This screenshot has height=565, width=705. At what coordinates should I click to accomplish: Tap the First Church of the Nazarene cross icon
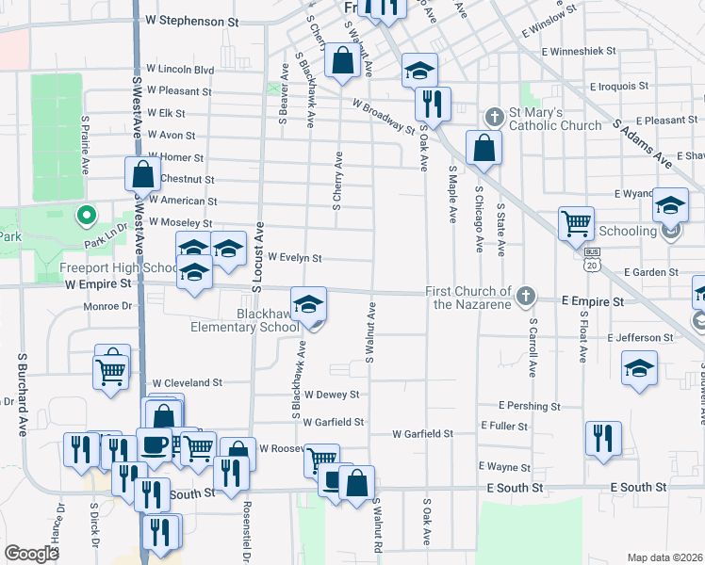[527, 298]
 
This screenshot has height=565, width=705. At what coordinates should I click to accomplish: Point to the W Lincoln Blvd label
[180, 70]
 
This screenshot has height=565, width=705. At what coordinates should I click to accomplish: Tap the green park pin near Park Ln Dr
[85, 217]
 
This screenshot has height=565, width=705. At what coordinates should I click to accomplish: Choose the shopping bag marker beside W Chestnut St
[142, 174]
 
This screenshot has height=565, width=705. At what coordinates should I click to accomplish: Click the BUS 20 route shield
[592, 258]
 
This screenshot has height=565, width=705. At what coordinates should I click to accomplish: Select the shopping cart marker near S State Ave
[576, 224]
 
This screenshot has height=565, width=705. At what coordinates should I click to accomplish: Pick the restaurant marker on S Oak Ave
[432, 103]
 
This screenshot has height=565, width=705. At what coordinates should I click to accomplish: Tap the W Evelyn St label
[295, 257]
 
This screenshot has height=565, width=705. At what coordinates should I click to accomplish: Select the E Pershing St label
[530, 406]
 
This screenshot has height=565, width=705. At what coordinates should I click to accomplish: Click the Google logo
[31, 553]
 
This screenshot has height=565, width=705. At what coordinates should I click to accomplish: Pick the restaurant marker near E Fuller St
[603, 438]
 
